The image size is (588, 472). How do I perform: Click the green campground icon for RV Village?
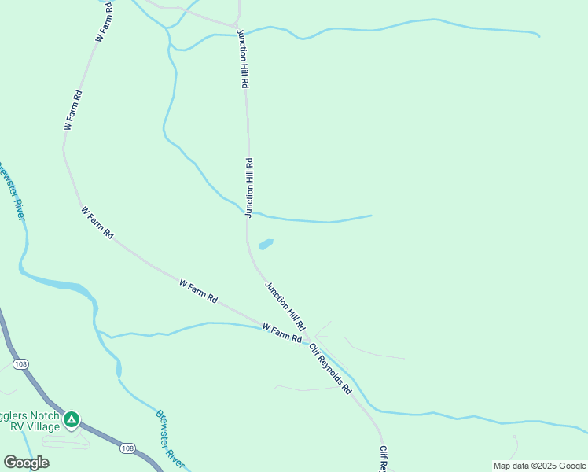click(72, 419)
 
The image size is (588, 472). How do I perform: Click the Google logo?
click(26, 463)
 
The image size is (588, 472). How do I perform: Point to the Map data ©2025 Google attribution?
click(540, 466)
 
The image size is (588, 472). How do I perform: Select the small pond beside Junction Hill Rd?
click(266, 244)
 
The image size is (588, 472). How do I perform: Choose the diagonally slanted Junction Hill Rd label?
click(285, 306)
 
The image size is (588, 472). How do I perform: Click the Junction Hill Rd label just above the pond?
click(249, 187)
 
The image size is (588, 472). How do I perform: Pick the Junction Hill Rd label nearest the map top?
click(244, 60)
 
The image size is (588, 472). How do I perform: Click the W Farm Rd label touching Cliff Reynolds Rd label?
click(281, 332)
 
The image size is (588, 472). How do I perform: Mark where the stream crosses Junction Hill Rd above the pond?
click(248, 212)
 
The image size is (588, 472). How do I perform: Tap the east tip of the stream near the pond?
click(370, 216)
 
